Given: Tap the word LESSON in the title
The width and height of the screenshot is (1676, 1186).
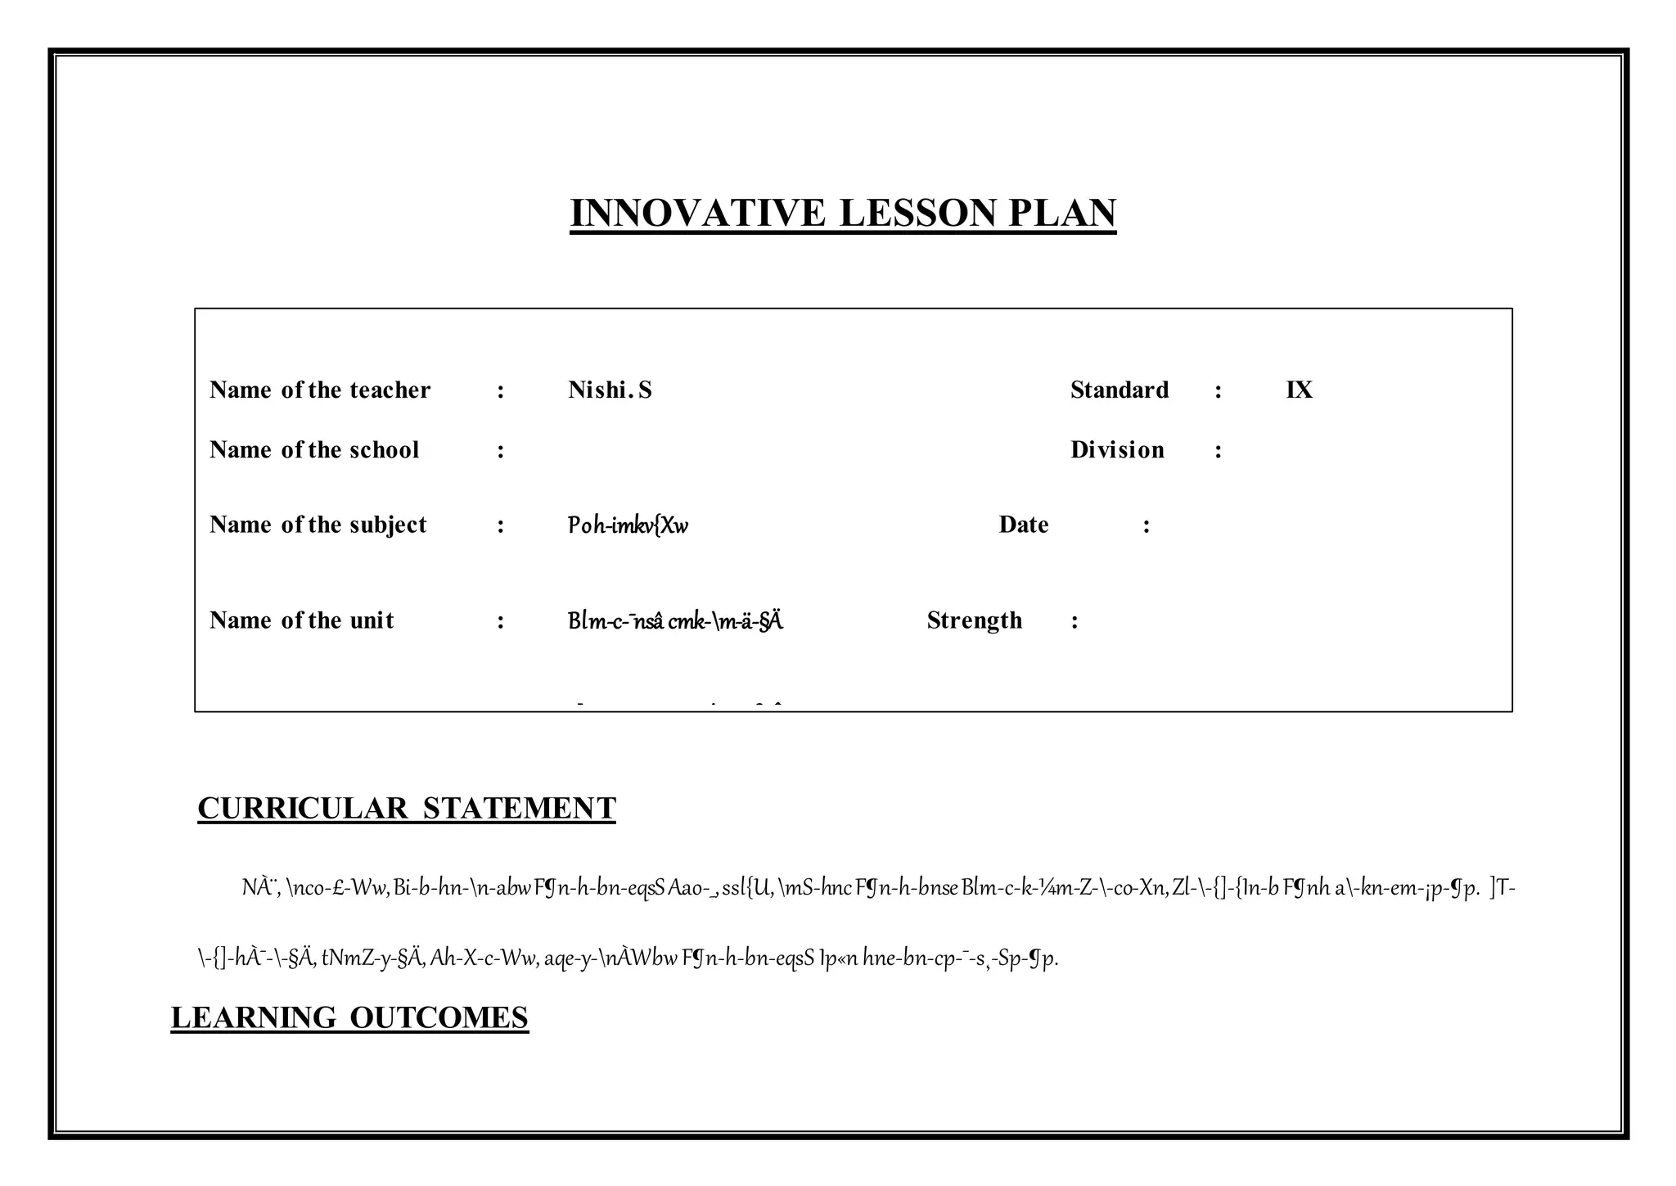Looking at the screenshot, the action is tap(918, 213).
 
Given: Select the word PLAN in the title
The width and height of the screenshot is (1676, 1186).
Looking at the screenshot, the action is tap(1062, 213).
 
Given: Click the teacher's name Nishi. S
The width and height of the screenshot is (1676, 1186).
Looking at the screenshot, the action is tap(610, 390).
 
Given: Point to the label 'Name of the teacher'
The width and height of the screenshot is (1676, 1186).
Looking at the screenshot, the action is tap(320, 390).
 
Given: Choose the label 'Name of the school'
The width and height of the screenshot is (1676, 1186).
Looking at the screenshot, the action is tap(314, 450).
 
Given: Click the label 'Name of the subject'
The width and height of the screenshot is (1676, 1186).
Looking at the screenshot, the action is tap(318, 525).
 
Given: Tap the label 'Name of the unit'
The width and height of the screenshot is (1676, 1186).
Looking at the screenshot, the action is tap(302, 620).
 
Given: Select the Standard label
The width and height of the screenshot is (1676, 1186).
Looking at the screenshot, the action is tap(1120, 390).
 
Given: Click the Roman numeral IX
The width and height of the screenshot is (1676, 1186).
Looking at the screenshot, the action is tap(1299, 390).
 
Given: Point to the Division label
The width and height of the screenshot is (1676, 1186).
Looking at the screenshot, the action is tap(1117, 450).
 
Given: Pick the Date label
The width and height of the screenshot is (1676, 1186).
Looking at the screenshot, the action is tap(1024, 525).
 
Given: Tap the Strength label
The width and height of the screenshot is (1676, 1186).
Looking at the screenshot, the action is tap(975, 620).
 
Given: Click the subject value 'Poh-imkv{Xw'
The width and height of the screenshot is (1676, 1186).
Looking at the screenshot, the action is tap(628, 525).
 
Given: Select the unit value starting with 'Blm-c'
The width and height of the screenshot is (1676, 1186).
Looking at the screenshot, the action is tap(675, 621).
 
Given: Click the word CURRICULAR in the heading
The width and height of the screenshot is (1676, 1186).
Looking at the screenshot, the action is tap(303, 809).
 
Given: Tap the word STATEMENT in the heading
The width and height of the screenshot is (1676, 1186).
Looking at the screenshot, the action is tap(520, 809).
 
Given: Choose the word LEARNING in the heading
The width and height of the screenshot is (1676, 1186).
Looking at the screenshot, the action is tap(253, 1018).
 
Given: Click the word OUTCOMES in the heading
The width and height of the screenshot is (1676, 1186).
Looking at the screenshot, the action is tap(439, 1018).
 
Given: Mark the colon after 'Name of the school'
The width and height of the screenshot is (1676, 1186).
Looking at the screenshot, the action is tap(501, 451).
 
